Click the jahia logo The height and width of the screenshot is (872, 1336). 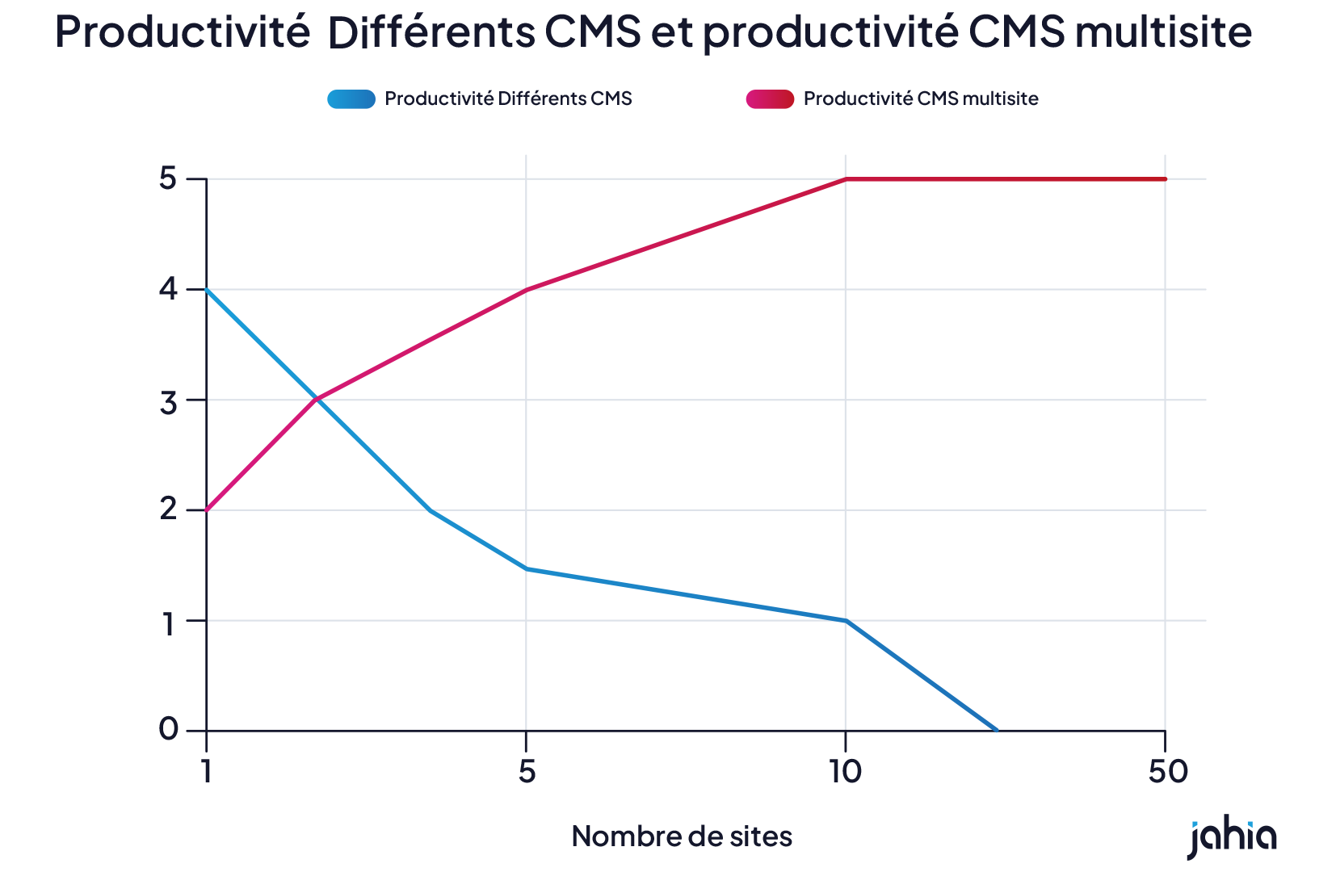click(1232, 839)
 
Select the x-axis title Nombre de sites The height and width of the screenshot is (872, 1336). click(682, 836)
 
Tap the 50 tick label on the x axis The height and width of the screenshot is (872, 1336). click(1167, 773)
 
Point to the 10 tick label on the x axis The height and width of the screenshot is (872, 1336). click(845, 773)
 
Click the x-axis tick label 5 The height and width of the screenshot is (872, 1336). click(527, 773)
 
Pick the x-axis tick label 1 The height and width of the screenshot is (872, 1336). click(207, 773)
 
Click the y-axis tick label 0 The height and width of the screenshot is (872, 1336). click(168, 730)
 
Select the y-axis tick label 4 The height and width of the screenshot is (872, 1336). click(168, 289)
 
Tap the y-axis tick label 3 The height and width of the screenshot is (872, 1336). click(168, 400)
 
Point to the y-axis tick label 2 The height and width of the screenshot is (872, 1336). click(168, 510)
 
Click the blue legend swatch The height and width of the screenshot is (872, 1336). click(351, 99)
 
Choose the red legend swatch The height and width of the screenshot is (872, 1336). click(770, 99)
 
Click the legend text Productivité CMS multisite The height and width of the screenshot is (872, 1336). click(921, 99)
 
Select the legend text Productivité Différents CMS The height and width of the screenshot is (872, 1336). click(508, 99)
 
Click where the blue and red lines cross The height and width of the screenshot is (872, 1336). click(317, 399)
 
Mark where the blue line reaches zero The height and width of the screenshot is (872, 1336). click(997, 730)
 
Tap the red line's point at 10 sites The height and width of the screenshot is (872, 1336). click(846, 179)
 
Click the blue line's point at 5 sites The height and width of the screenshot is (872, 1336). click(527, 569)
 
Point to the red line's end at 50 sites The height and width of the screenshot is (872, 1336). click(1165, 179)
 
